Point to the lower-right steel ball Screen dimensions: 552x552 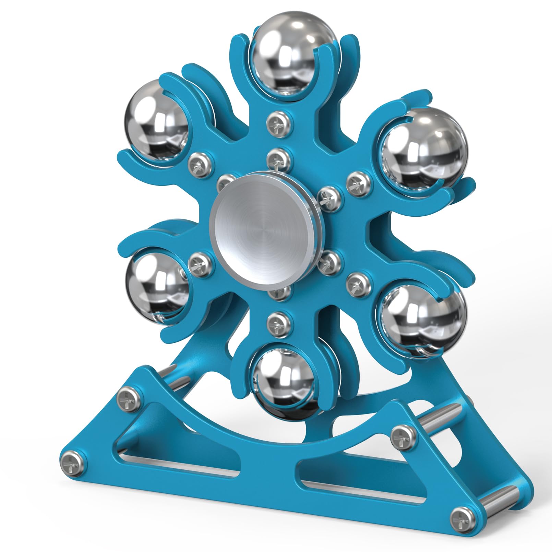pyautogui.click(x=423, y=317)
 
